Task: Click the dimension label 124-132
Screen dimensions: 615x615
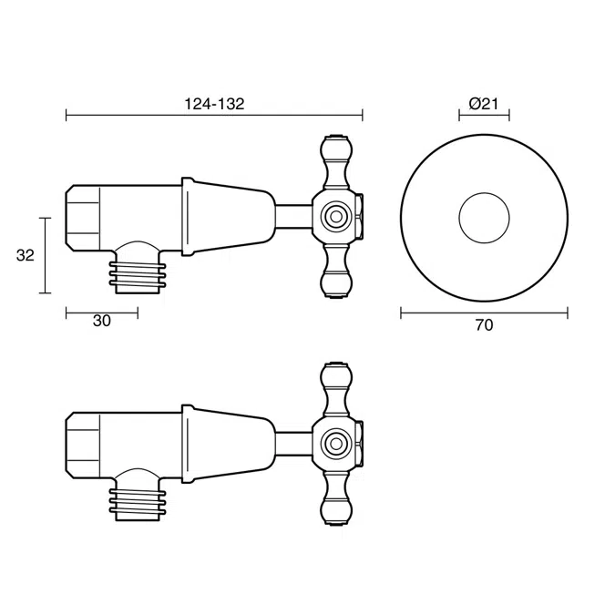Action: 214,104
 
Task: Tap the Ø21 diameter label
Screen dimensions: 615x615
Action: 483,104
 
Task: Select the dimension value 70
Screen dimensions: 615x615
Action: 484,325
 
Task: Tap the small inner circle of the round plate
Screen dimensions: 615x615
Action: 484,217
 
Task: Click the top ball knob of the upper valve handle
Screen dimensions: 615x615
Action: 334,149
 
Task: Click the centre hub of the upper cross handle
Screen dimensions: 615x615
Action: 334,217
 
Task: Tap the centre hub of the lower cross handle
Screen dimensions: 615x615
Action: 334,444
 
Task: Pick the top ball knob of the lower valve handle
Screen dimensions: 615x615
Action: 334,375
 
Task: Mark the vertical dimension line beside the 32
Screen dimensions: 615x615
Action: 45,255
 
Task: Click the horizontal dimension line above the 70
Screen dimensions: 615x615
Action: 484,313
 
